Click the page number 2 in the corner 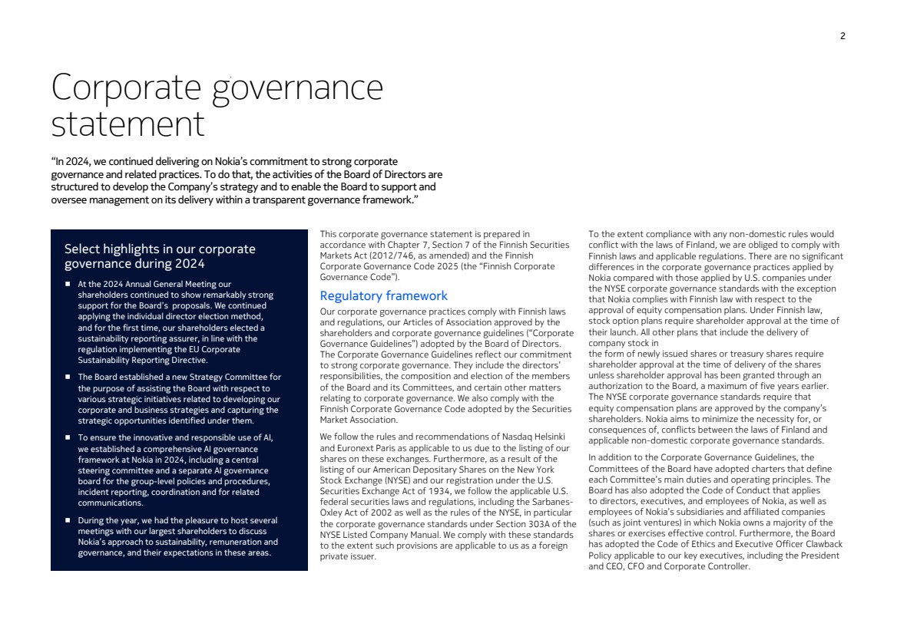click(842, 36)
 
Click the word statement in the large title click(128, 124)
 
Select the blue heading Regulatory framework click(383, 295)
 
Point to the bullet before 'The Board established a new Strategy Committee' click(68, 377)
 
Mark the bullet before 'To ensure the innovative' click(68, 437)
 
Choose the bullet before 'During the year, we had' click(68, 520)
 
